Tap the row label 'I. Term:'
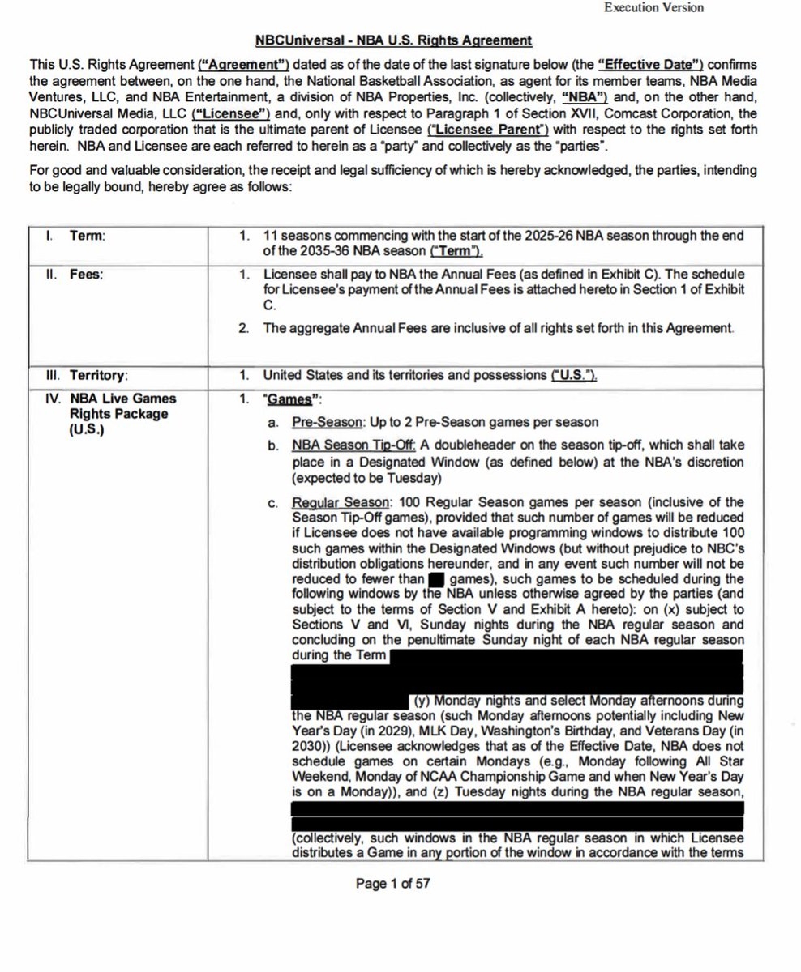pos(77,236)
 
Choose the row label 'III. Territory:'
pos(88,375)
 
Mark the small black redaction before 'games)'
pos(436,579)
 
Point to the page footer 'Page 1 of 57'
pos(392,884)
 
